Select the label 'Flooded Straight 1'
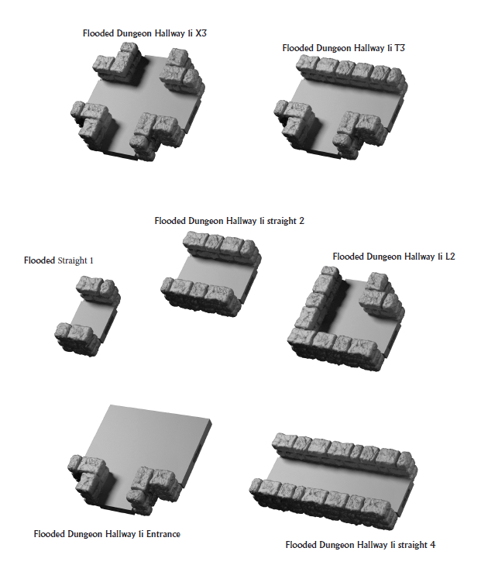(x=59, y=260)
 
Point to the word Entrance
(x=160, y=534)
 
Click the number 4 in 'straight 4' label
(x=432, y=545)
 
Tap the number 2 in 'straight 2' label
(x=301, y=221)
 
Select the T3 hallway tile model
(x=341, y=105)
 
